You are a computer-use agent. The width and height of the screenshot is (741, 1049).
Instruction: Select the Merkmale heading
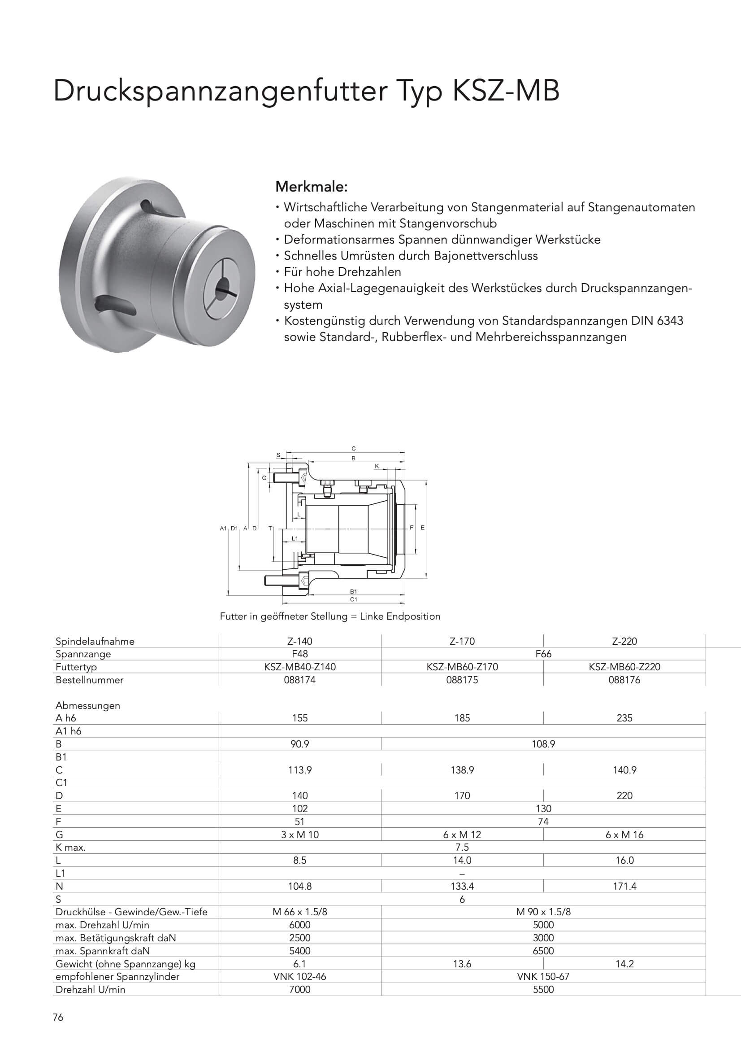pyautogui.click(x=312, y=187)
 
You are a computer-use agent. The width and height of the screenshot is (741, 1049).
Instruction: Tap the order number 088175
pyautogui.click(x=462, y=680)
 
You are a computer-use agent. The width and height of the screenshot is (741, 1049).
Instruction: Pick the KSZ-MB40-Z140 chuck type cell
pyautogui.click(x=299, y=667)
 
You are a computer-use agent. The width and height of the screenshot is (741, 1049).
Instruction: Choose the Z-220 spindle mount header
pyautogui.click(x=624, y=641)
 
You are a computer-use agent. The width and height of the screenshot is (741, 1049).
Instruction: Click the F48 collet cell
pyautogui.click(x=299, y=654)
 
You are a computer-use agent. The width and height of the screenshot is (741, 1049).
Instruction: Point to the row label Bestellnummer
pyautogui.click(x=90, y=680)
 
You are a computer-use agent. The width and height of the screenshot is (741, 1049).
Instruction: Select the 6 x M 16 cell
pyautogui.click(x=624, y=835)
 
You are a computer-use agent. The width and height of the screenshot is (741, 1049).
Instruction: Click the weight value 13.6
pyautogui.click(x=462, y=964)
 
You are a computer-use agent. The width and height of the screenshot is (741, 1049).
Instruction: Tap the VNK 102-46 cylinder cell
pyautogui.click(x=299, y=977)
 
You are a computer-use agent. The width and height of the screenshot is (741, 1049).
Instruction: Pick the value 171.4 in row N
pyautogui.click(x=624, y=886)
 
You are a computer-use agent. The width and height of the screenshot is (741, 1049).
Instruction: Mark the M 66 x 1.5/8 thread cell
pyautogui.click(x=299, y=912)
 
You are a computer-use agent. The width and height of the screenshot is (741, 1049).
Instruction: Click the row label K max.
pyautogui.click(x=71, y=848)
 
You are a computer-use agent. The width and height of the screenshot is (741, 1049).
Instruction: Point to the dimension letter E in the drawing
pyautogui.click(x=422, y=528)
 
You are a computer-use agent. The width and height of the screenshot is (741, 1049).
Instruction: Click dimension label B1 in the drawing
pyautogui.click(x=353, y=592)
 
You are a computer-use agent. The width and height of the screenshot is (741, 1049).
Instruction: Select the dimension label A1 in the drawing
pyautogui.click(x=223, y=528)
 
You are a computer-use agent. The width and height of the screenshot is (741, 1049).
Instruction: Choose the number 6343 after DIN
pyautogui.click(x=670, y=321)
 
